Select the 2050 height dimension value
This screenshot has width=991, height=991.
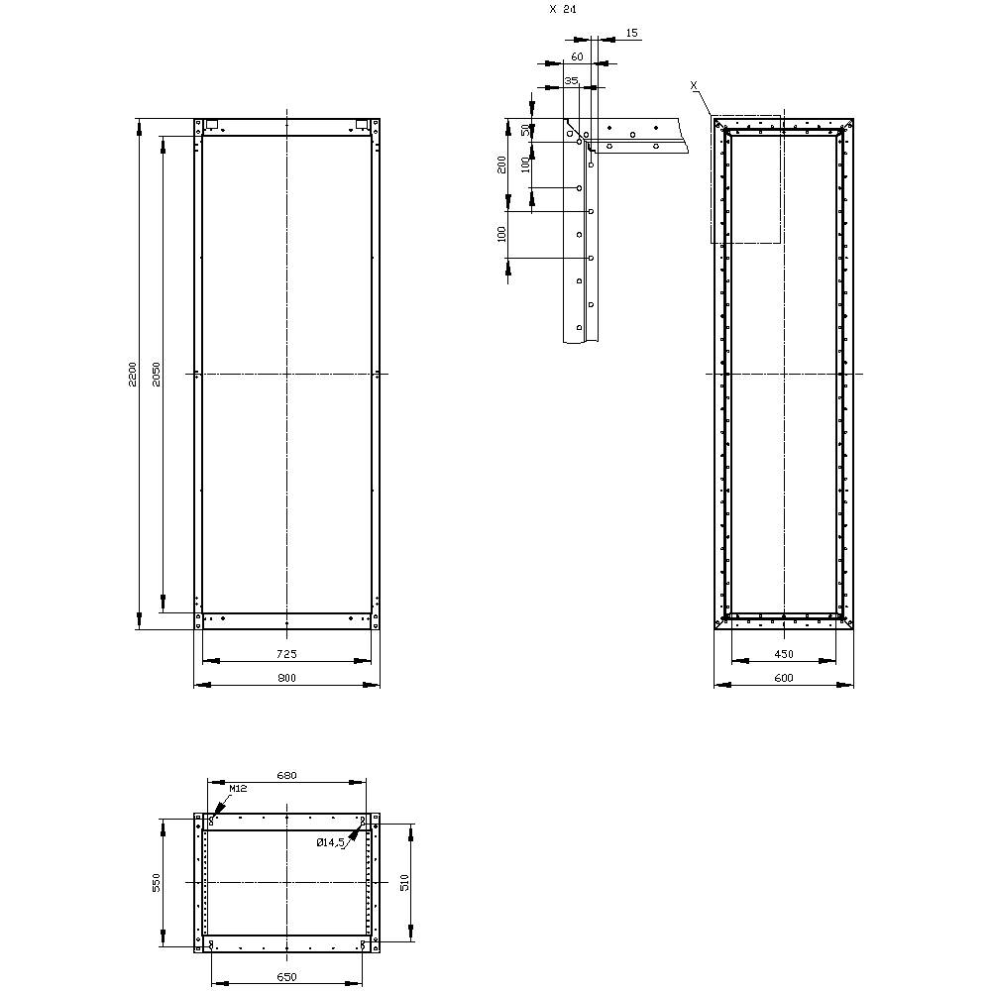pos(157,375)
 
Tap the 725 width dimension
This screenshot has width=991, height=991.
pos(286,654)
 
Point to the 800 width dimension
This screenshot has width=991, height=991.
pos(286,678)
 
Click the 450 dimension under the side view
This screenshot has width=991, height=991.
pos(784,654)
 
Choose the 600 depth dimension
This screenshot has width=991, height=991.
pos(784,678)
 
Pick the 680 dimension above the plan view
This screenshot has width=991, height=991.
pos(286,775)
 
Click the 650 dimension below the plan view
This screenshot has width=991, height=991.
pos(286,977)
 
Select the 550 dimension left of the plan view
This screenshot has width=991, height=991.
pos(157,882)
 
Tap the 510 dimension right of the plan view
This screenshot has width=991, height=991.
pos(404,882)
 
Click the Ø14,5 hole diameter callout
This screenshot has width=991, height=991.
pos(331,842)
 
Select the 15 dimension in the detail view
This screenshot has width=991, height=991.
pos(632,34)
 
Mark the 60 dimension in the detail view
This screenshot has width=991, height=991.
pos(577,57)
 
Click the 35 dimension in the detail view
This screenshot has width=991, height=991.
pos(571,79)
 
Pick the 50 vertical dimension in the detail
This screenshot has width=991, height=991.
pos(525,130)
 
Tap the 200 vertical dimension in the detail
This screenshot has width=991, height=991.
pos(502,164)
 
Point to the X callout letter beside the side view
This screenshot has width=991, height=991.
pos(694,86)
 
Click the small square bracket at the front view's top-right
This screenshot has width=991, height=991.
pos(362,125)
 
